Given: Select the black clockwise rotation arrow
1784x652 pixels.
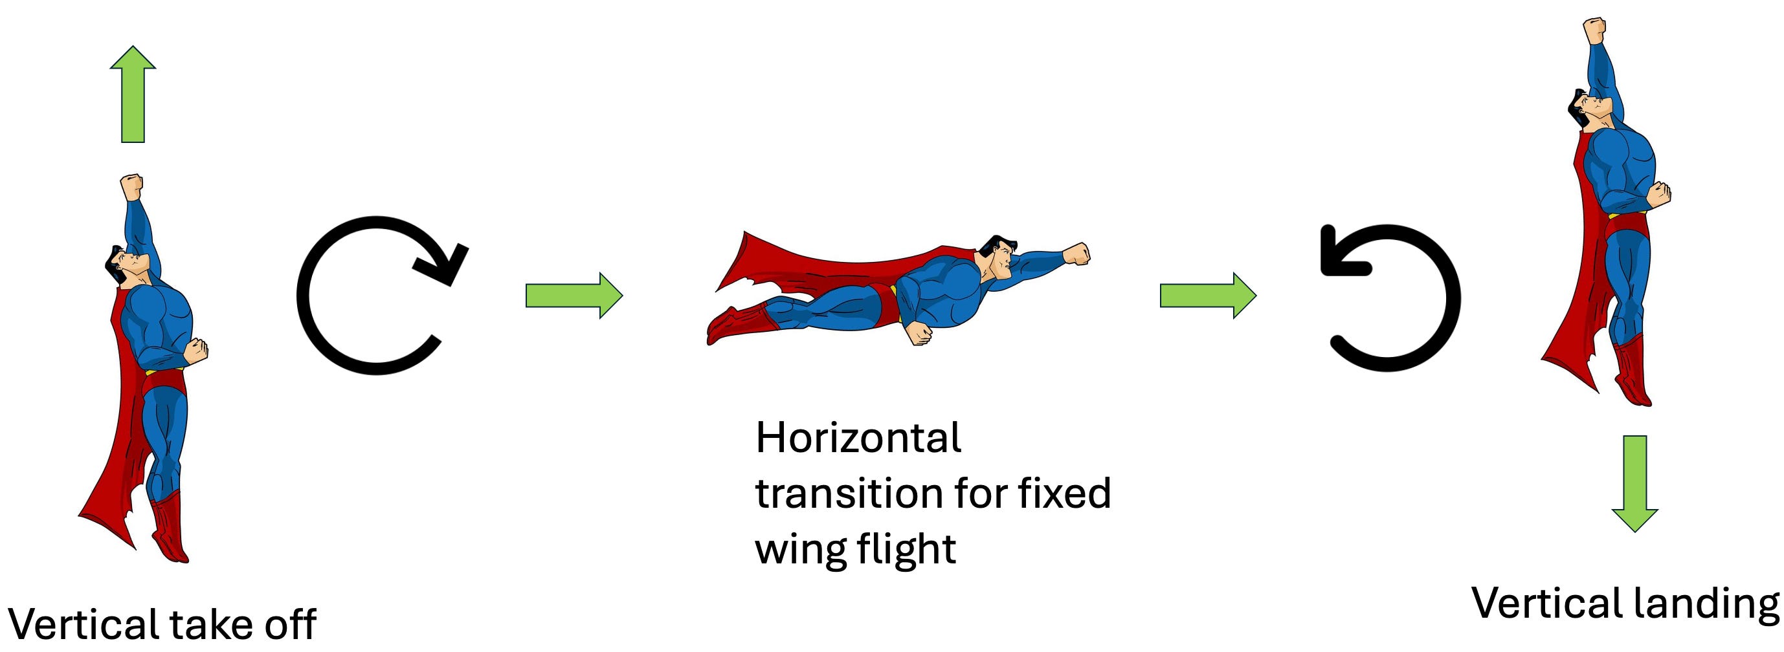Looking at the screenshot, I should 377,296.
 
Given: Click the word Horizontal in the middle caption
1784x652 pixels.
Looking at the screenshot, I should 858,438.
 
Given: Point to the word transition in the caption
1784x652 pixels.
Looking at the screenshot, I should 849,494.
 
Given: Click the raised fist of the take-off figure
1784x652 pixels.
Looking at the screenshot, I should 131,187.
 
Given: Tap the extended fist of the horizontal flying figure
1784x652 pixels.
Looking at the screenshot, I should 1076,254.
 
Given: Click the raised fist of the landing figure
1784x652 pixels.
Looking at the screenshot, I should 1594,31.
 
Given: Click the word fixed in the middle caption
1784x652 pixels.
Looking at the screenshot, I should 1063,494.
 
